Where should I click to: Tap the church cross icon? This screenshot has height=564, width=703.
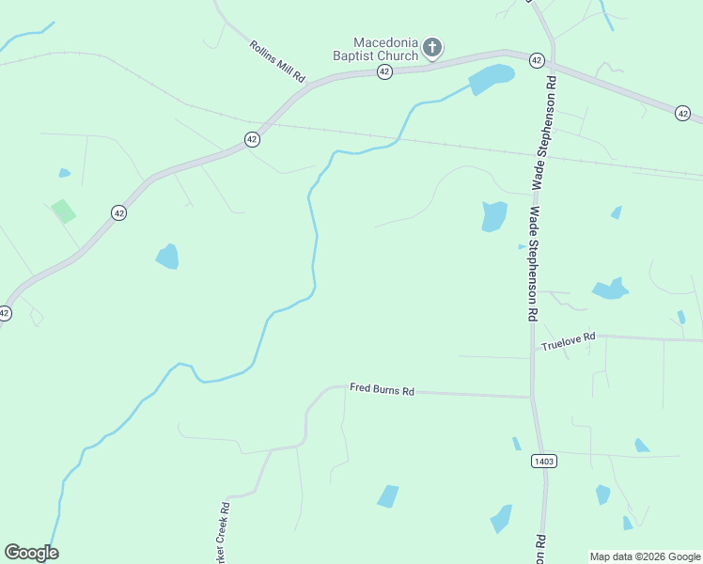[x=432, y=47]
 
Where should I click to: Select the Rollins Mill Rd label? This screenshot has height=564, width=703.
[x=278, y=61]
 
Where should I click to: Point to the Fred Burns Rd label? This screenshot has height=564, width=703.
[x=382, y=388]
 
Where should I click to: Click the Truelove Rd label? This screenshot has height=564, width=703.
[x=568, y=342]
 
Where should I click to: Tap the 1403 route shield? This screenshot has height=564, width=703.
[x=543, y=461]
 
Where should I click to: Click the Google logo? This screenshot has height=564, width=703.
[x=31, y=553]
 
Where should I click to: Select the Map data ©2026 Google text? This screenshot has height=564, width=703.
[x=645, y=556]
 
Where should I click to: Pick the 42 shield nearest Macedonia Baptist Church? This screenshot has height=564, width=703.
[x=384, y=72]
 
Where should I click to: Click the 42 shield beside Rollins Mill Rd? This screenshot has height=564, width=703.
[x=251, y=139]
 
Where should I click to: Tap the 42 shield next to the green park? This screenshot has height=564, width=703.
[x=117, y=213]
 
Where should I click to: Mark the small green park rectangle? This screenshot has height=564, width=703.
[x=64, y=211]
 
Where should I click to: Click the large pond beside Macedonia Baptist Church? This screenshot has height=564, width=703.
[x=492, y=79]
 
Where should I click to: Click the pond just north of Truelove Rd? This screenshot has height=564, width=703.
[x=610, y=289]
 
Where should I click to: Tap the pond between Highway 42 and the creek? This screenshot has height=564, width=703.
[x=167, y=256]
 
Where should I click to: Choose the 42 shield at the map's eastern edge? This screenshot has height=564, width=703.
[x=682, y=113]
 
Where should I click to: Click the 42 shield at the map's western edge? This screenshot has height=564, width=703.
[x=5, y=313]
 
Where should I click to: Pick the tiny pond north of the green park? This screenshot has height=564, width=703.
[x=64, y=173]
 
